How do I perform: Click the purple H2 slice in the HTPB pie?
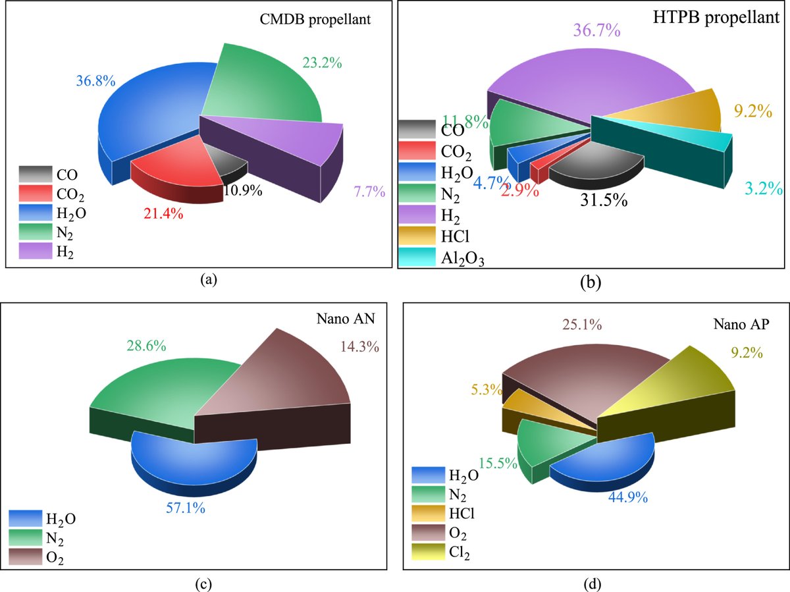coord(586,86)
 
